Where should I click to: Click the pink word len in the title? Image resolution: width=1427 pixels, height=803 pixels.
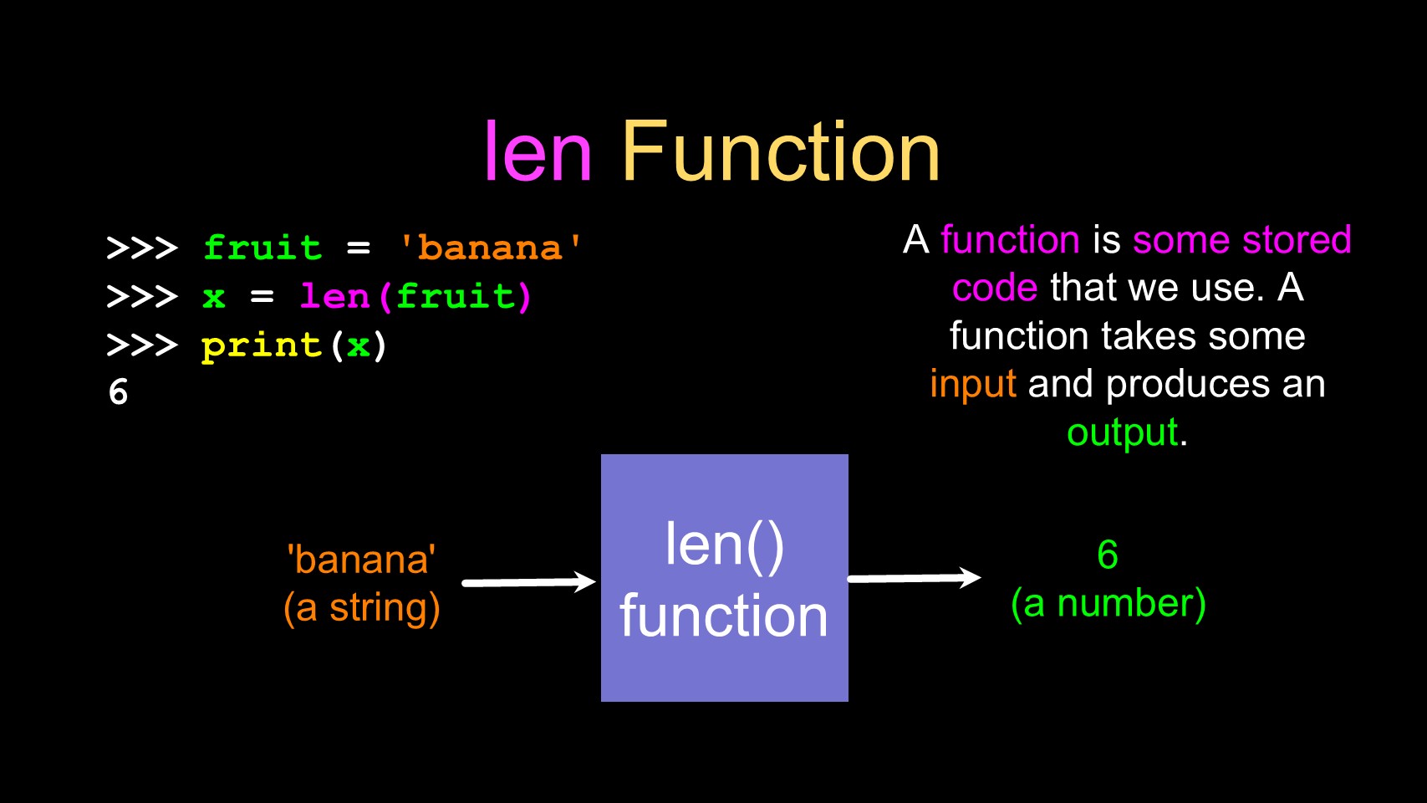point(538,152)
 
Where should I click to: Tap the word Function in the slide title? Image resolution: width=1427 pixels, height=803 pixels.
point(781,152)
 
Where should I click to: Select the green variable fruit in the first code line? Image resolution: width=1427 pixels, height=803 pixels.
point(262,248)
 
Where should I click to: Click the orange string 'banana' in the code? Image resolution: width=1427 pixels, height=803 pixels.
point(490,248)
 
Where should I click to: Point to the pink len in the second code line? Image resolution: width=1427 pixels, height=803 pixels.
point(334,296)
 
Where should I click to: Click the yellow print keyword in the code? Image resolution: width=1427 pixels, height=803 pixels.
point(262,345)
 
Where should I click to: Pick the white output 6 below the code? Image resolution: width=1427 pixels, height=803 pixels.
point(119,392)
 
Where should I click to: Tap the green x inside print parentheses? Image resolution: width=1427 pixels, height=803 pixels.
point(359,345)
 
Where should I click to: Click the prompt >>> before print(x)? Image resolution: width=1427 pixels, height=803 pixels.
point(142,345)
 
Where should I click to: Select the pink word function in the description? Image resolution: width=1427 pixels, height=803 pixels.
point(1010,240)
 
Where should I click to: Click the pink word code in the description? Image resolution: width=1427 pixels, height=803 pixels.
point(995,288)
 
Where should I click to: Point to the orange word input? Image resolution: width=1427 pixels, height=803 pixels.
point(973,385)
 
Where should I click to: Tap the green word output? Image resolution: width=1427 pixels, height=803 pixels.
point(1123,432)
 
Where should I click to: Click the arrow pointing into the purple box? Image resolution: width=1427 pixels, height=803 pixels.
point(528,582)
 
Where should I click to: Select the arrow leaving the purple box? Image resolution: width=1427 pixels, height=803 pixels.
point(914,578)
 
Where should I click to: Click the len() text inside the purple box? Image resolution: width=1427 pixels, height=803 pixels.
point(724,545)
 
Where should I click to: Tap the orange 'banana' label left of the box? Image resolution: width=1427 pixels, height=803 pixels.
point(361,560)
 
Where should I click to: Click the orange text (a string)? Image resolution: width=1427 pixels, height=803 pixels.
point(361,608)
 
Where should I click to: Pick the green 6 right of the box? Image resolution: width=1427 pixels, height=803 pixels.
point(1108,555)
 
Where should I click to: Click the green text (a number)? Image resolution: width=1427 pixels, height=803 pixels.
point(1108,604)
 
